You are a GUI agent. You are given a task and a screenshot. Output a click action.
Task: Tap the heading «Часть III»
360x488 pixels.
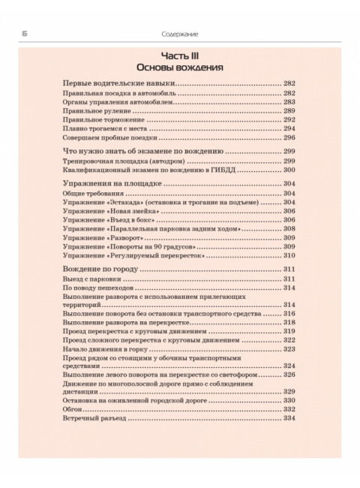[x=180, y=56]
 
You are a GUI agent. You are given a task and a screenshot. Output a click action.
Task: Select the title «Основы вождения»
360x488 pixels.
[x=180, y=68]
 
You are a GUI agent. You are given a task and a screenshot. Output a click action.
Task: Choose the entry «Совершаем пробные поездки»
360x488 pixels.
[x=109, y=137]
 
